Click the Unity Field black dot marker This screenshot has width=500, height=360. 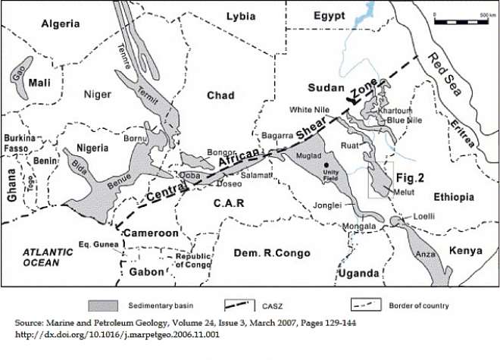pos(327,165)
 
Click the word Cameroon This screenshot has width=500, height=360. pos(151,232)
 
